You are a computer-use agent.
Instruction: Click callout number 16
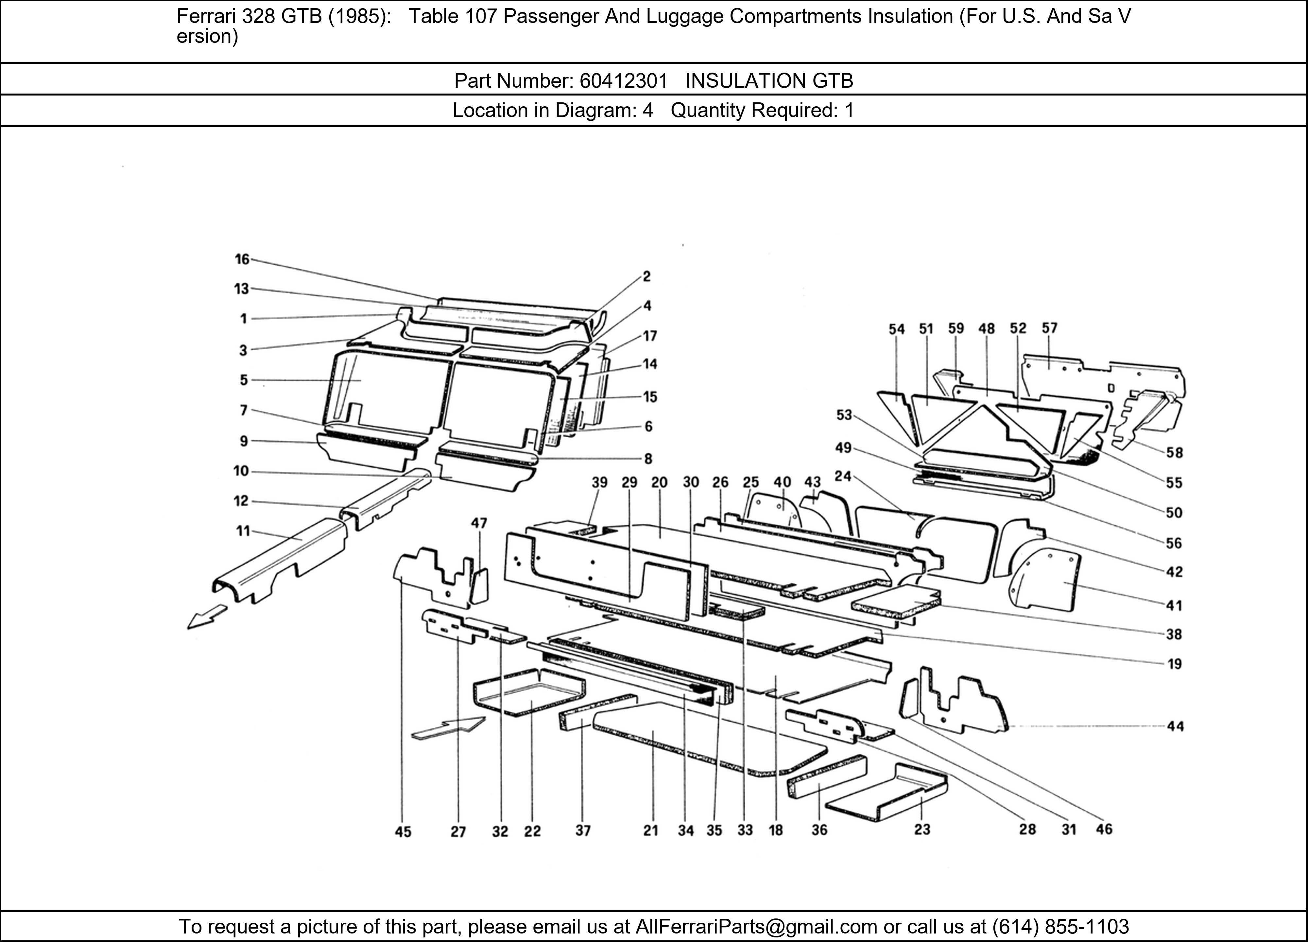pyautogui.click(x=242, y=259)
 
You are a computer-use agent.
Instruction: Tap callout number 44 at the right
pyautogui.click(x=1175, y=726)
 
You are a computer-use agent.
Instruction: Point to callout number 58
pyautogui.click(x=1174, y=452)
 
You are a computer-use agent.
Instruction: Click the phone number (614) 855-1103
pyautogui.click(x=1060, y=926)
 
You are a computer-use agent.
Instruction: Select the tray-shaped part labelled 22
pyautogui.click(x=528, y=692)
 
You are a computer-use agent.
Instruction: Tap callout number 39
pyautogui.click(x=599, y=482)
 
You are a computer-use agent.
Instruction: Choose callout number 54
pyautogui.click(x=896, y=329)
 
